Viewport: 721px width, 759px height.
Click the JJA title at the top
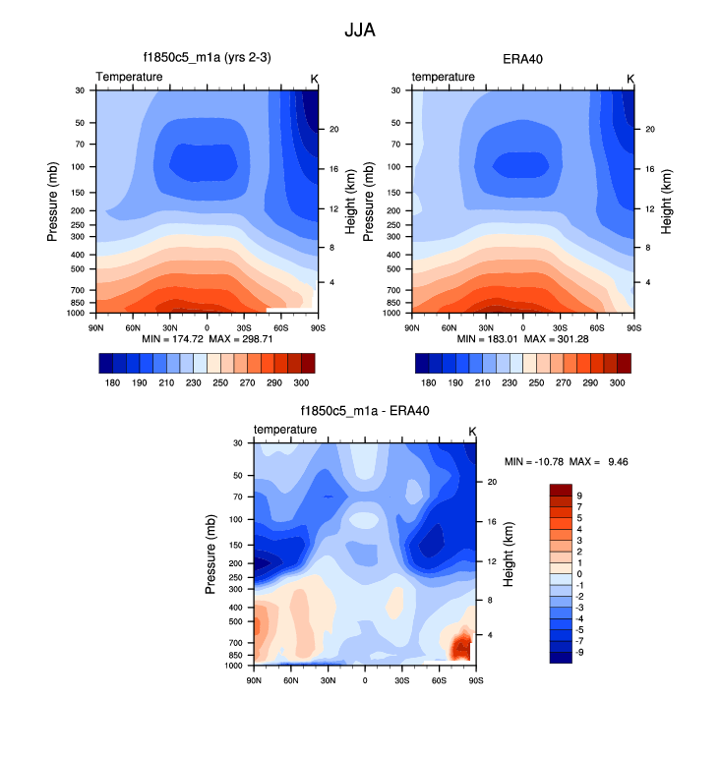click(x=359, y=29)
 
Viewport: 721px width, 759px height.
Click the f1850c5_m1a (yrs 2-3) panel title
click(x=207, y=58)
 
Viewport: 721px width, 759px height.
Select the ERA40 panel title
click(x=523, y=58)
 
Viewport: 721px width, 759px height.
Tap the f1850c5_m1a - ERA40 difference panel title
click(x=364, y=411)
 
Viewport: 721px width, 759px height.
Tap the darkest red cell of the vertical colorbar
click(x=561, y=490)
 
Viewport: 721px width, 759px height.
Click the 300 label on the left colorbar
click(x=300, y=381)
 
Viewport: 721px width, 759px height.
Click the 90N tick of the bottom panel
click(x=255, y=679)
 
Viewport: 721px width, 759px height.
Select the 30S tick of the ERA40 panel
click(x=561, y=325)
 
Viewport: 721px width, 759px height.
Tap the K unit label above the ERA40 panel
click(x=631, y=78)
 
